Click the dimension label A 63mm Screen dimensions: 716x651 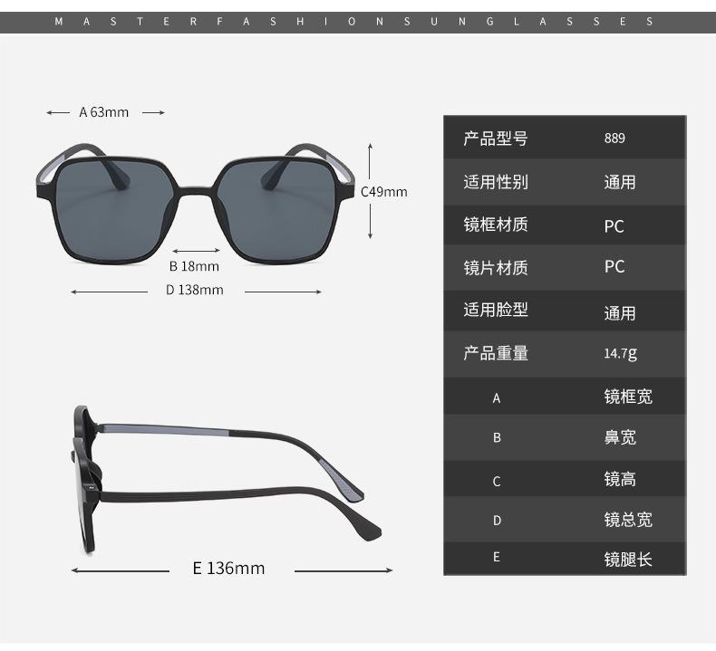104,112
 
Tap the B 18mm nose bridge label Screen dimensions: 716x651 194,266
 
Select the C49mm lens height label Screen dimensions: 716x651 384,192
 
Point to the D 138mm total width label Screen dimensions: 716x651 194,290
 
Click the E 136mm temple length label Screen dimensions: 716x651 228,569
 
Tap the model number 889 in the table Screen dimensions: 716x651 614,139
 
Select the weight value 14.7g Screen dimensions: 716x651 620,353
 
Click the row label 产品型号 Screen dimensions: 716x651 495,139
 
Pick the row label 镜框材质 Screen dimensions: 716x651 495,225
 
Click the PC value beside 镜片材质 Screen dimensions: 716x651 614,267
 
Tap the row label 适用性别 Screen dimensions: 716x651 495,182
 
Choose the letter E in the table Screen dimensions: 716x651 497,558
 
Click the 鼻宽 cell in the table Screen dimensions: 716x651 621,437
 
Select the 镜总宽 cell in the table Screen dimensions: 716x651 628,520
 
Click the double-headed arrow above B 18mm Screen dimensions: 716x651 194,251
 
